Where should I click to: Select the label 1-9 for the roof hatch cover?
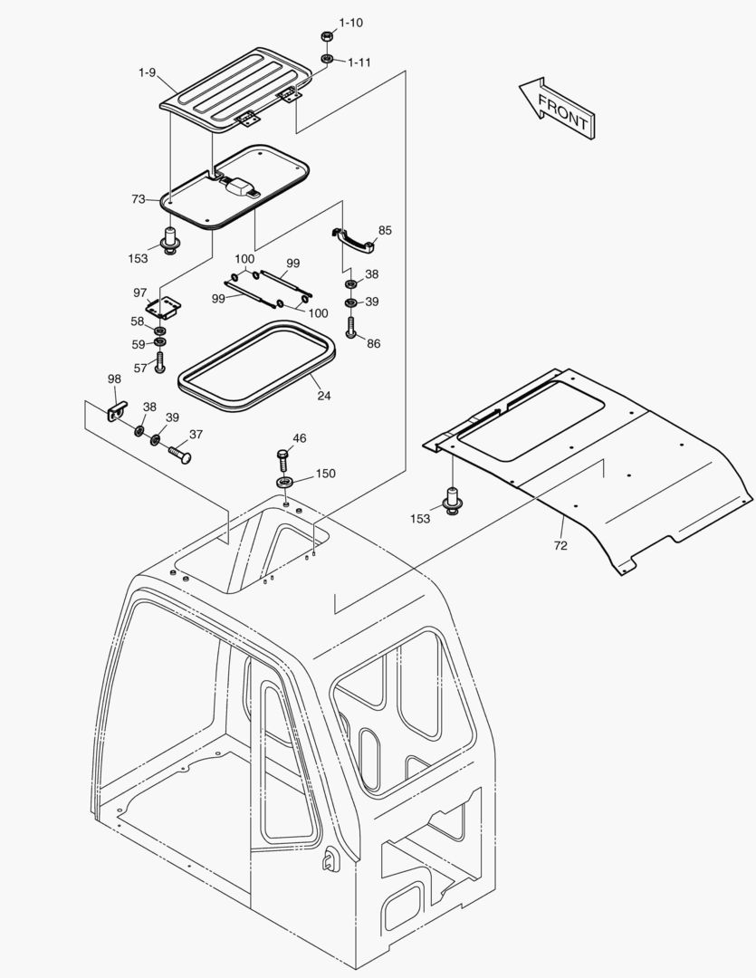click(148, 71)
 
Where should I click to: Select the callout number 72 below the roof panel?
click(560, 546)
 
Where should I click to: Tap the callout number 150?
click(325, 474)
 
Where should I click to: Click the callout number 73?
click(139, 198)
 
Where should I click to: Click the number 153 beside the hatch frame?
click(138, 259)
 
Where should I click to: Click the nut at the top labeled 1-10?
click(326, 36)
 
